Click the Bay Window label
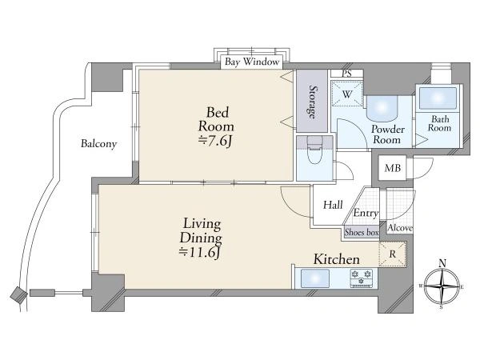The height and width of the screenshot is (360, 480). pyautogui.click(x=252, y=62)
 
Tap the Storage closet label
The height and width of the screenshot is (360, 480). pyautogui.click(x=312, y=102)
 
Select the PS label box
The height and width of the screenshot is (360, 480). pyautogui.click(x=346, y=74)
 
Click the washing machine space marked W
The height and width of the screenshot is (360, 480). pyautogui.click(x=347, y=94)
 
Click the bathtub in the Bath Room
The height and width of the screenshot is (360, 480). pyautogui.click(x=438, y=98)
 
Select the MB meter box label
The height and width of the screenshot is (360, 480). pyautogui.click(x=393, y=168)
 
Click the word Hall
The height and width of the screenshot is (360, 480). pyautogui.click(x=333, y=205)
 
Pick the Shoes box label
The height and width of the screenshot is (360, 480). pyautogui.click(x=362, y=232)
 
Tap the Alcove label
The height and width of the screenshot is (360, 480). pyautogui.click(x=400, y=228)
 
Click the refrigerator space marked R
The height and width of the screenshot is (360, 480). pyautogui.click(x=393, y=254)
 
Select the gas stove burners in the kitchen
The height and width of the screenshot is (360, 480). pyautogui.click(x=362, y=278)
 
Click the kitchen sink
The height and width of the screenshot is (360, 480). pyautogui.click(x=315, y=278)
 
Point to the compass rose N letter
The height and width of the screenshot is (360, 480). pyautogui.click(x=442, y=263)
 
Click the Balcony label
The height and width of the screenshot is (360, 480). pyautogui.click(x=99, y=144)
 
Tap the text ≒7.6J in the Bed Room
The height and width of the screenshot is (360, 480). pyautogui.click(x=216, y=141)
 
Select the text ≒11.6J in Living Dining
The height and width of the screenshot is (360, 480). pyautogui.click(x=200, y=252)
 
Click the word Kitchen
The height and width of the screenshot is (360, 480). pyautogui.click(x=337, y=259)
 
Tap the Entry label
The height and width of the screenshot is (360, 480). pyautogui.click(x=366, y=213)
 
